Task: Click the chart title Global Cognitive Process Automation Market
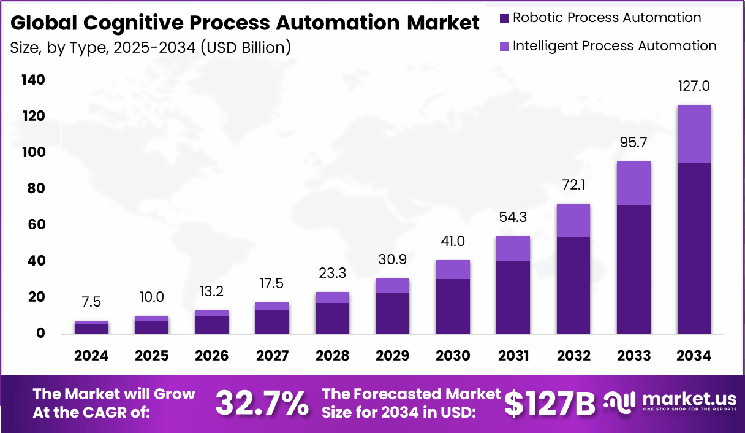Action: coord(245,23)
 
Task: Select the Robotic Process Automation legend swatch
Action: coord(504,18)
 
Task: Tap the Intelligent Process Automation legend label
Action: coord(615,46)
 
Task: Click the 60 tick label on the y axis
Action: coord(35,225)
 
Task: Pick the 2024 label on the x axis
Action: coord(91,356)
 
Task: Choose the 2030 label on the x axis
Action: coord(453,356)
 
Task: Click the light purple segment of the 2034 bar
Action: coord(694,134)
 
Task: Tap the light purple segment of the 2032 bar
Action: coord(573,220)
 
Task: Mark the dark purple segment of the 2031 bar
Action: coord(513,297)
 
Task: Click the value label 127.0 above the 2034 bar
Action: coord(694,86)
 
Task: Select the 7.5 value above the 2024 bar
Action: coord(91,302)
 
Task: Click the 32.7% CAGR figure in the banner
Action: coord(262,403)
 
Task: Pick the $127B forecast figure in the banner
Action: coord(550,403)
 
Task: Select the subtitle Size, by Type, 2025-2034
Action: coord(151,47)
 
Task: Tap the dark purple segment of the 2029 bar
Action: coord(392,313)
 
